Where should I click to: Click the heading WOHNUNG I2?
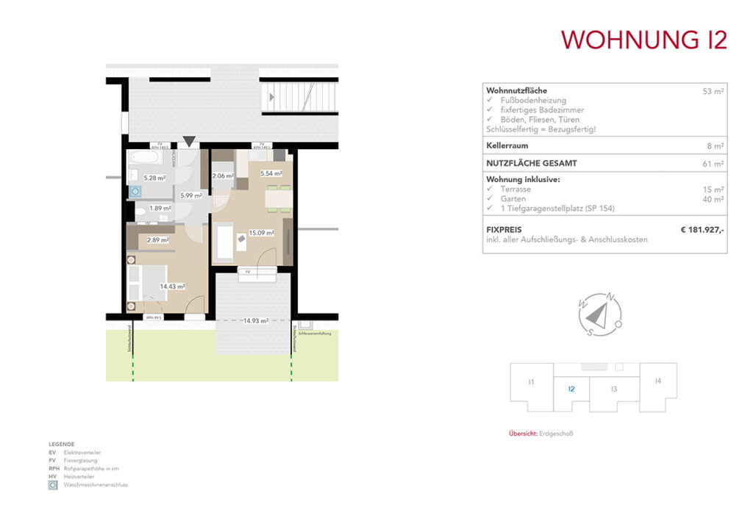pyautogui.click(x=644, y=39)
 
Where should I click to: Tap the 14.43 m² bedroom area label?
pyautogui.click(x=173, y=287)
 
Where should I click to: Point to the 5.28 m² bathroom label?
pyautogui.click(x=154, y=178)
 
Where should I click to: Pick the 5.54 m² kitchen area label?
pyautogui.click(x=271, y=173)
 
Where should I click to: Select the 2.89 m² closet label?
pyautogui.click(x=158, y=240)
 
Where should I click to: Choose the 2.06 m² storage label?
pyautogui.click(x=223, y=176)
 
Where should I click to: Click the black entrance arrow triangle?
pyautogui.click(x=190, y=141)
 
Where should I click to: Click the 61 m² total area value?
pyautogui.click(x=713, y=164)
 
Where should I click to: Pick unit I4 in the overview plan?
pyautogui.click(x=658, y=381)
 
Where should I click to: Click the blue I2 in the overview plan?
pyautogui.click(x=571, y=389)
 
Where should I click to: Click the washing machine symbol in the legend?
pyautogui.click(x=53, y=485)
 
